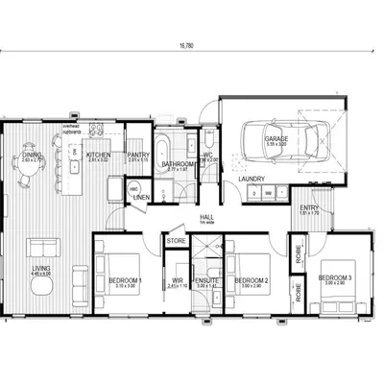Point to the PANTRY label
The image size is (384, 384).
(137, 155)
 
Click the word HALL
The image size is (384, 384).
(205, 218)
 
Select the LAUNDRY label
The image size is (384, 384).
(253, 178)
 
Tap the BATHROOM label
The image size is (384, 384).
(179, 165)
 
